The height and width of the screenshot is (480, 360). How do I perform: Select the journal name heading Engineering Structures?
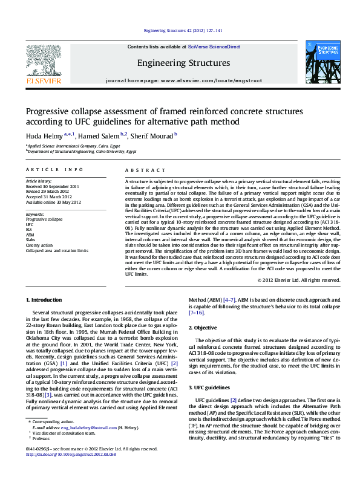coord(183,63)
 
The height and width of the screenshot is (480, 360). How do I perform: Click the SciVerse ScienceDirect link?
coord(214,47)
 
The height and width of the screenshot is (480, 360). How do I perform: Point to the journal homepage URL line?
coord(183,80)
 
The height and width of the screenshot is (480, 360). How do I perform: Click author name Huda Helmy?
coord(41,136)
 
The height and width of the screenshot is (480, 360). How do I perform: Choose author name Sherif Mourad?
coord(152,136)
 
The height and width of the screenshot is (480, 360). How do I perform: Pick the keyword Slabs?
coord(30,240)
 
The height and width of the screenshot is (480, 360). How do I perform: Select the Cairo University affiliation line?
coord(81,152)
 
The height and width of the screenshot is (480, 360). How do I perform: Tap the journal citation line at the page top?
coord(183,30)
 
